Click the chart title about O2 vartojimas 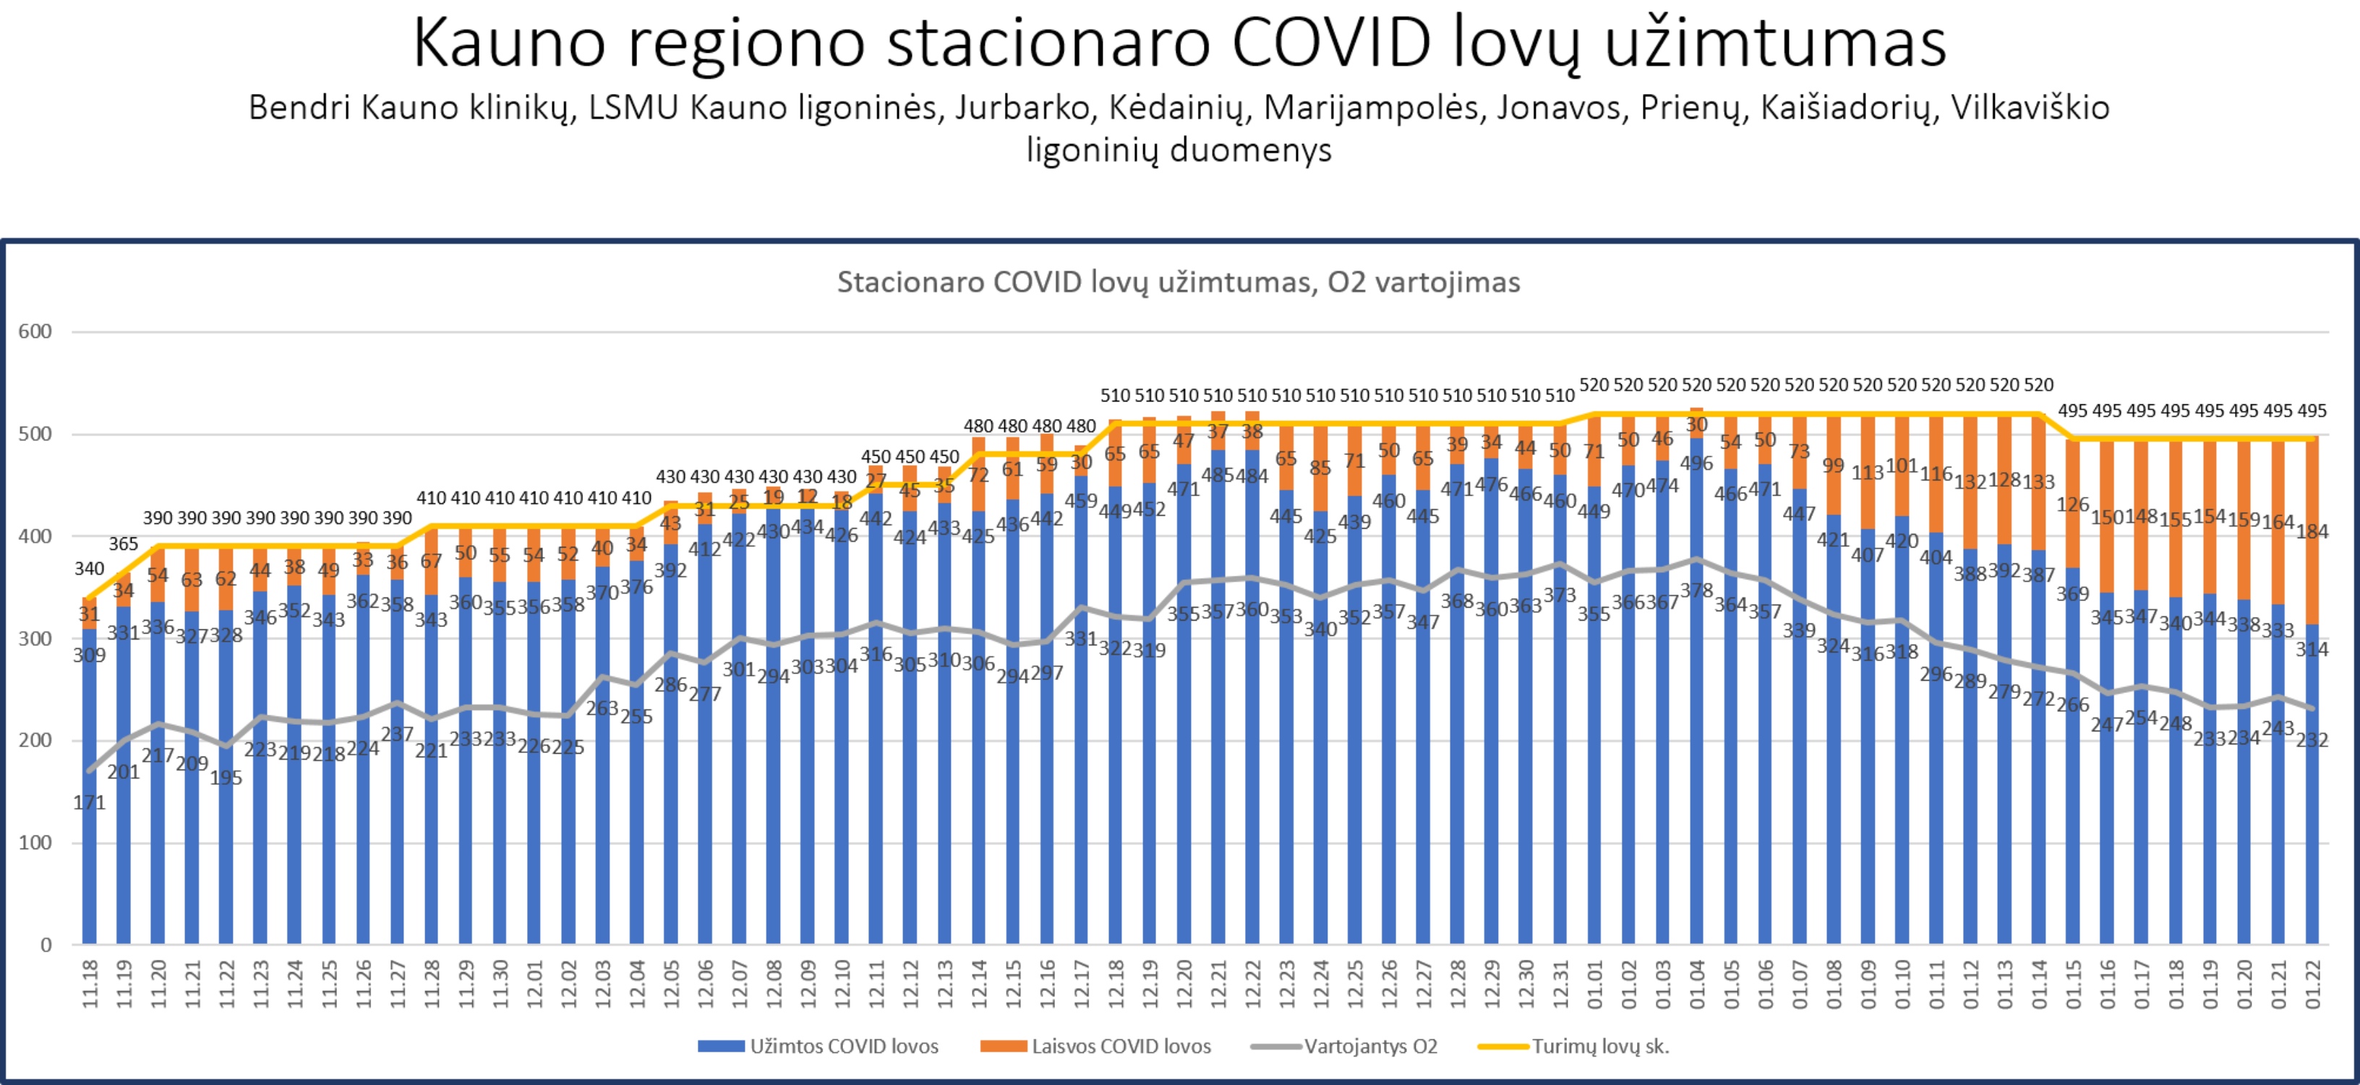coord(1178,282)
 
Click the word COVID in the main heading coord(1330,43)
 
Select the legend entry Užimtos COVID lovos coord(818,1047)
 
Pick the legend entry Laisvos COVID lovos coord(1095,1047)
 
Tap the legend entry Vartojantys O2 coord(1345,1047)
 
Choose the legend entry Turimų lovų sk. coord(1574,1047)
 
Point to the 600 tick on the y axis coord(35,332)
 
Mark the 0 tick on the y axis coord(46,945)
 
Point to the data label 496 coord(1697,464)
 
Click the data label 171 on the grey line coord(90,804)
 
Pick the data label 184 coord(2312,532)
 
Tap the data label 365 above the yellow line coord(124,545)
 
